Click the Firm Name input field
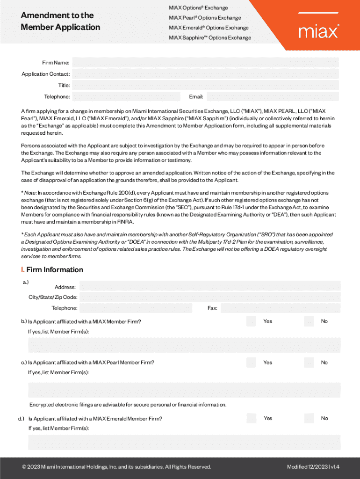coord(206,63)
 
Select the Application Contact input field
coord(206,74)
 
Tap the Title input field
coord(206,85)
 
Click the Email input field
coord(273,97)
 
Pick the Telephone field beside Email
coord(126,97)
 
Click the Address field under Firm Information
coord(210,286)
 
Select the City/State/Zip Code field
coord(210,297)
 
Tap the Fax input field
coord(281,308)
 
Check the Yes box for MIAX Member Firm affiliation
coord(252,321)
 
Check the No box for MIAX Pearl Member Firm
coord(309,363)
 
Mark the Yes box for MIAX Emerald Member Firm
coord(252,418)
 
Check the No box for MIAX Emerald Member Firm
coord(309,418)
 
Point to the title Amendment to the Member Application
coord(60,21)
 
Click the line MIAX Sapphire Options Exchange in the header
coord(210,37)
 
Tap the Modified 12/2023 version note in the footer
coord(313,467)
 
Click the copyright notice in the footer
coord(116,467)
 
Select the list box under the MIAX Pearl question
coord(184,390)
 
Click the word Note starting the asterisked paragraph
coord(29,193)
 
